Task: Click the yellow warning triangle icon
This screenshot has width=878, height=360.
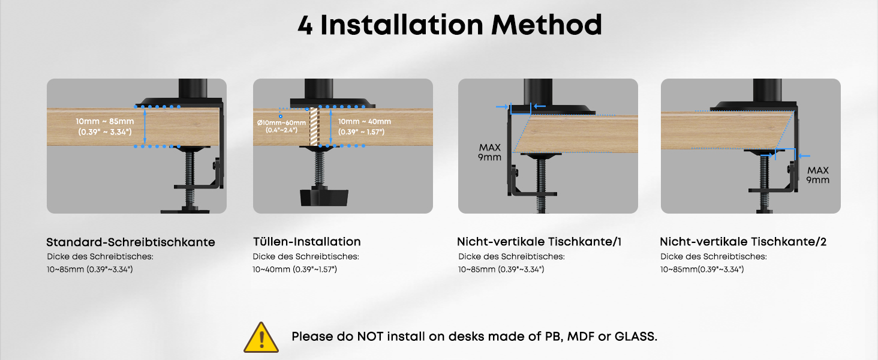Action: [261, 337]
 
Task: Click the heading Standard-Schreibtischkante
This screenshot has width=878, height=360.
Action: [131, 242]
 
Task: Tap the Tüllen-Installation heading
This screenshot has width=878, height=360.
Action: [306, 242]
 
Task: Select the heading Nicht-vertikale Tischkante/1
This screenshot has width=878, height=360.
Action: [539, 242]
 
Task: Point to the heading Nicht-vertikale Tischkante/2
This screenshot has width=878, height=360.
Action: [743, 242]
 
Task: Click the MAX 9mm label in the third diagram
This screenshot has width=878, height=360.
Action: [489, 152]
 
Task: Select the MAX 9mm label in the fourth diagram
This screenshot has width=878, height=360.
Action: [817, 175]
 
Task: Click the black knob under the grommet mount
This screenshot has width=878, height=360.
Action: [324, 197]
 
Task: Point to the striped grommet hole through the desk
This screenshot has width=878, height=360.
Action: [314, 127]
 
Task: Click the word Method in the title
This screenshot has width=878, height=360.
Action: [546, 25]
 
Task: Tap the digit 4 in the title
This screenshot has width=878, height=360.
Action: [305, 26]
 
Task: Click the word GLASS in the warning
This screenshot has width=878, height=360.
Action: [635, 337]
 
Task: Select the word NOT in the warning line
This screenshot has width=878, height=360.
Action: [370, 337]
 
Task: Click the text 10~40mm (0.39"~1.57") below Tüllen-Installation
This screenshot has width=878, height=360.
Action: [294, 269]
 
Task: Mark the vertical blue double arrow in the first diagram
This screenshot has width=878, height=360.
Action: [145, 127]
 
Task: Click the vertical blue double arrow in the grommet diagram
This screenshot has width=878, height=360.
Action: [330, 127]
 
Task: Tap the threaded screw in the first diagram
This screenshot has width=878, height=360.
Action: [190, 178]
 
